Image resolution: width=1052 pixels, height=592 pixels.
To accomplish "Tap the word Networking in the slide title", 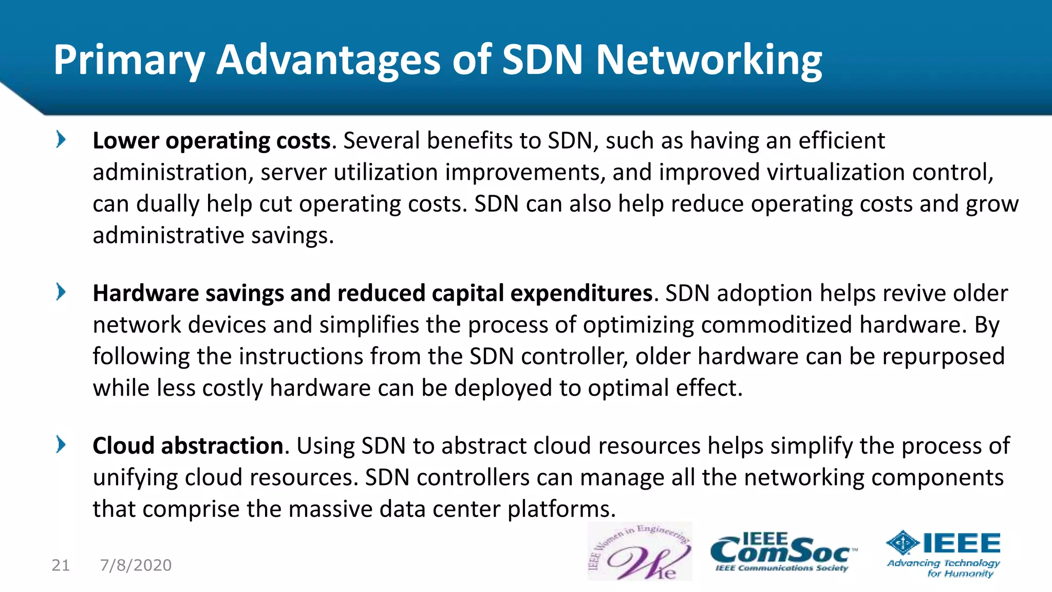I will click(708, 61).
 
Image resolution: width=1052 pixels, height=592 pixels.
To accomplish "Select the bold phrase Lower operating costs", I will click(211, 141).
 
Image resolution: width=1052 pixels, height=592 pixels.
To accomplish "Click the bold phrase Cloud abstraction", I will click(187, 446).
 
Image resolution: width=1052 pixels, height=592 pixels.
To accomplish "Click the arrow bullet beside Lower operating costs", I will click(61, 139).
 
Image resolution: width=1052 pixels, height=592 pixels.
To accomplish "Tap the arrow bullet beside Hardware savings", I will click(61, 292).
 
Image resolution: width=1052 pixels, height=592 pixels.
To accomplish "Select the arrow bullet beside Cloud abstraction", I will click(61, 445).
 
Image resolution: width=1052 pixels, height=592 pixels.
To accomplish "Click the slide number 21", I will click(61, 565).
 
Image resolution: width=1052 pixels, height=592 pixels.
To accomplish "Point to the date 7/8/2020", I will click(136, 565).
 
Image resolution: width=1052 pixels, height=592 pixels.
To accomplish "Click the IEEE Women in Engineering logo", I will click(640, 551).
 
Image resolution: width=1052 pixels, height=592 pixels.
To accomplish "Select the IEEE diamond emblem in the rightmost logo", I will click(903, 543).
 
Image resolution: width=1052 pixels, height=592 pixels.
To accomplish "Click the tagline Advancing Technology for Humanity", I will click(944, 568).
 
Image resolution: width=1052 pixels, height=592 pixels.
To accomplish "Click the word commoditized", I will click(777, 325).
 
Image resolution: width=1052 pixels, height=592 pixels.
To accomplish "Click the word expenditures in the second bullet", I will click(581, 293).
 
